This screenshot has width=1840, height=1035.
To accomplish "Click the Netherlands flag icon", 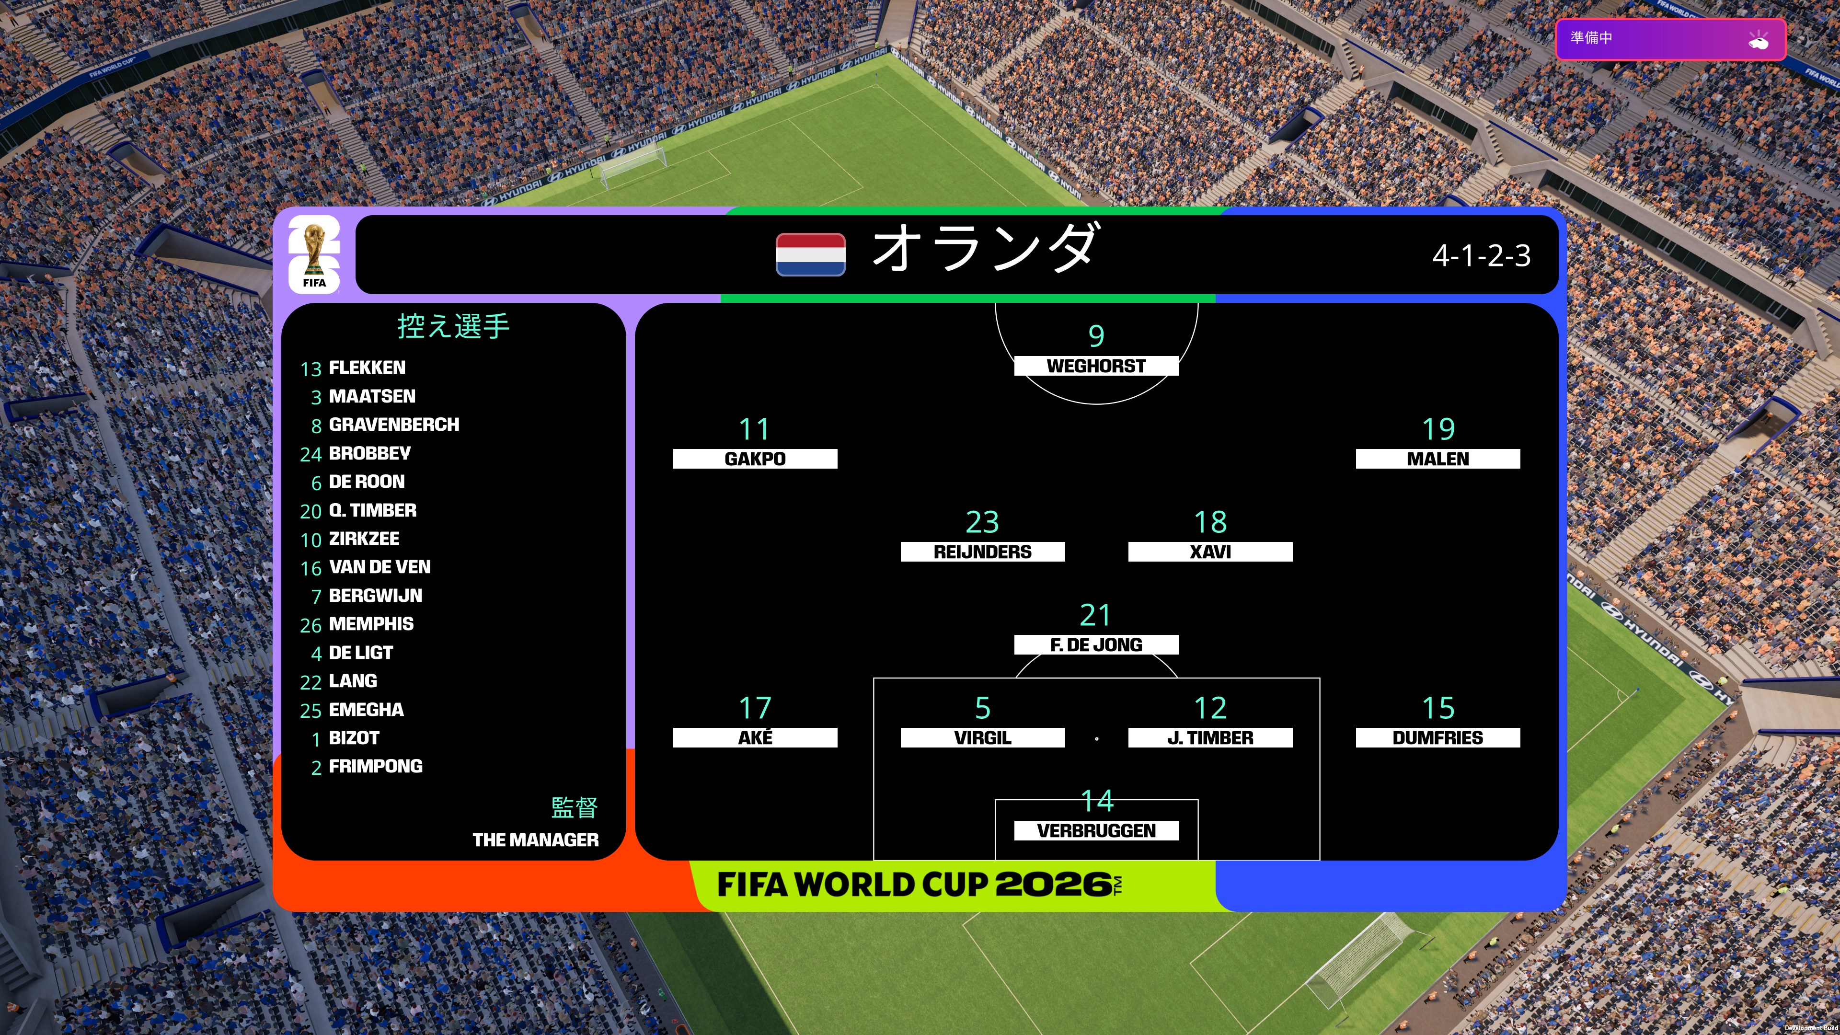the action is [x=811, y=254].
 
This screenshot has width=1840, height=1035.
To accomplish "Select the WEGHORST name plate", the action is [x=1096, y=366].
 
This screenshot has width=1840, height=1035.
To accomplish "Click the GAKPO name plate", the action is [x=755, y=459].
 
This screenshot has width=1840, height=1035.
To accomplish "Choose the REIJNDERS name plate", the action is [x=982, y=552].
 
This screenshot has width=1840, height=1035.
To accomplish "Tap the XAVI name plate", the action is [x=1210, y=552].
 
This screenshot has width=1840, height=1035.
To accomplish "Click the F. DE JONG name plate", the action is [x=1096, y=644].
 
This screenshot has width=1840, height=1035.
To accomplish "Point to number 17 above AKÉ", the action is [x=755, y=708].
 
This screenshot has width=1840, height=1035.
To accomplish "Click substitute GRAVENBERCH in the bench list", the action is [x=393, y=424].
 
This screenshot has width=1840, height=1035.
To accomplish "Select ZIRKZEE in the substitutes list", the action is [x=364, y=539].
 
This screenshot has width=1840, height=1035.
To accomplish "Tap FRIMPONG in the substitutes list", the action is [x=376, y=767].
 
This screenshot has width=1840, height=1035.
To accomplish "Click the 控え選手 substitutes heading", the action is [x=454, y=326].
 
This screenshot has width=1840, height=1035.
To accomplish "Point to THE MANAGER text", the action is [x=536, y=840].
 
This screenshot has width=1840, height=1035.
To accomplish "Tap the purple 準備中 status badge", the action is [x=1671, y=40].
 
